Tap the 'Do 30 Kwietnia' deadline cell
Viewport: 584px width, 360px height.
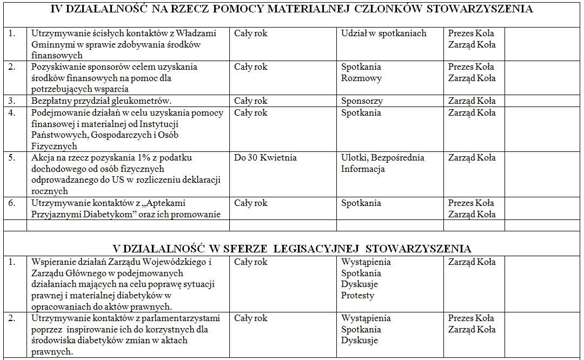click(x=265, y=158)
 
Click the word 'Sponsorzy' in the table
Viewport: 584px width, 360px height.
click(x=362, y=101)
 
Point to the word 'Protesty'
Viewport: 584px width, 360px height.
click(x=357, y=296)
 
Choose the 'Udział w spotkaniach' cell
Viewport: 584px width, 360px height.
click(x=383, y=34)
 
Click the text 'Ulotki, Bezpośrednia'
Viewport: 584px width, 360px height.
click(x=382, y=158)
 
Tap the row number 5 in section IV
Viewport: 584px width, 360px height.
click(x=12, y=158)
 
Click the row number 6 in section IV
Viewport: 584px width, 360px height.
click(x=12, y=203)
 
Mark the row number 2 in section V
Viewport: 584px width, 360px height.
click(x=12, y=318)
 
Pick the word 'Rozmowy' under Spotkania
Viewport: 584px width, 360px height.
click(x=361, y=78)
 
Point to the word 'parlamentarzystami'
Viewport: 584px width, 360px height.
click(x=181, y=318)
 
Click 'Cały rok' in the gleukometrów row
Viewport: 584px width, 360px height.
click(x=250, y=101)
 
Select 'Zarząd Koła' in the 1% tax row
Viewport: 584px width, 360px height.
click(x=472, y=158)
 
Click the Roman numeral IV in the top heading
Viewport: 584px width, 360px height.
click(x=58, y=9)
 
